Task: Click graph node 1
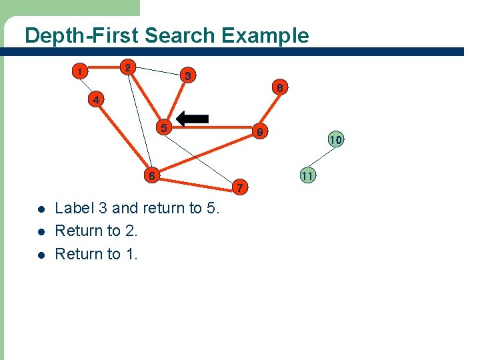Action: point(79,71)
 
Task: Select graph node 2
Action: point(128,67)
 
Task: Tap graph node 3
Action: point(188,76)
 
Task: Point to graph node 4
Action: point(97,101)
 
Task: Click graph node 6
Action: point(151,176)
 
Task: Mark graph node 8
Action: point(281,87)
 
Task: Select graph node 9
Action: point(261,133)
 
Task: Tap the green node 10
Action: point(335,140)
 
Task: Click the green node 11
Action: point(307,176)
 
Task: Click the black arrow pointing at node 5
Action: point(193,119)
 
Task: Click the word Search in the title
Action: point(179,35)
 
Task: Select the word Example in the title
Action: point(267,35)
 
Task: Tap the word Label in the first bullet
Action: point(74,208)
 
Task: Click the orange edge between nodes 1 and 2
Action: point(104,69)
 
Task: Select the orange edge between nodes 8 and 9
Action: point(271,110)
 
